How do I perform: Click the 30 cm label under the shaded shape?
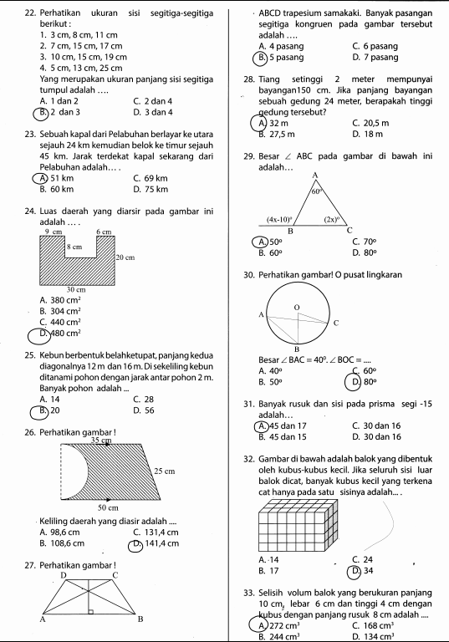pyautogui.click(x=76, y=288)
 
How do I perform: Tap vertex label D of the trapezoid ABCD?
pyautogui.click(x=63, y=575)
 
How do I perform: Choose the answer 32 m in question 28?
pyautogui.click(x=271, y=124)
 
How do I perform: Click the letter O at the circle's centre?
pyautogui.click(x=295, y=308)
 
